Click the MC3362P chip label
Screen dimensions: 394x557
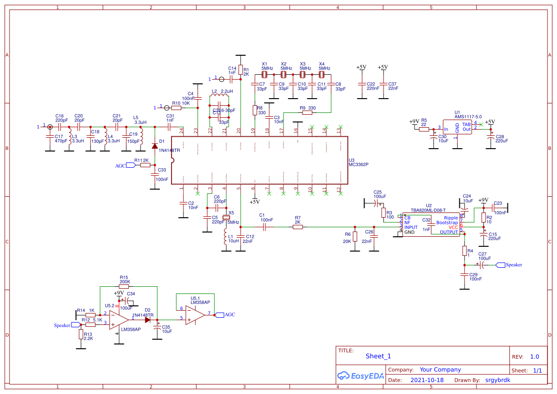[358, 164]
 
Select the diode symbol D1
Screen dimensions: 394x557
[154, 146]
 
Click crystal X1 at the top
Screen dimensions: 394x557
[264, 75]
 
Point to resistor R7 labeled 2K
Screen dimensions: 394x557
[298, 227]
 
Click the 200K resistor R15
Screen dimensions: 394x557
[124, 287]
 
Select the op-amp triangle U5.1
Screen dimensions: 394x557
[195, 314]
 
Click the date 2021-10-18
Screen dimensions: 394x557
[426, 380]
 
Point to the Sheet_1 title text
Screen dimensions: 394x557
[378, 356]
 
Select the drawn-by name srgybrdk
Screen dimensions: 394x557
[497, 380]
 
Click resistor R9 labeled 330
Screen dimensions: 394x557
[307, 113]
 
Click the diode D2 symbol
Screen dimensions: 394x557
[148, 320]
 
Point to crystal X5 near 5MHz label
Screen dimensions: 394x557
[225, 218]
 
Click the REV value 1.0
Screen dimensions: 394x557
[535, 356]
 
